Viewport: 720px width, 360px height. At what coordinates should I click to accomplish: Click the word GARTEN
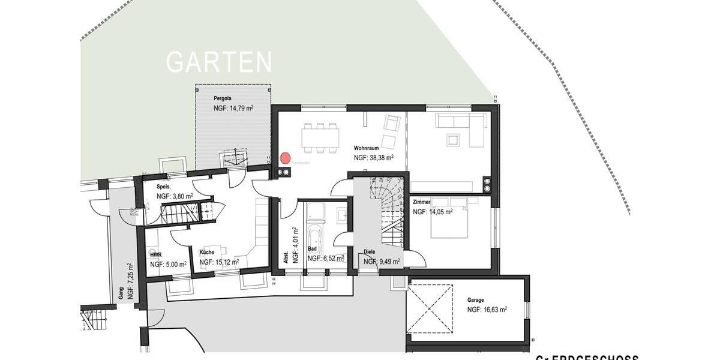pyautogui.click(x=219, y=62)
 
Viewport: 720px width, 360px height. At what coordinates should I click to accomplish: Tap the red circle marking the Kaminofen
pyautogui.click(x=285, y=158)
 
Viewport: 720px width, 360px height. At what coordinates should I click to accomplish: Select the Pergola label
pyautogui.click(x=223, y=97)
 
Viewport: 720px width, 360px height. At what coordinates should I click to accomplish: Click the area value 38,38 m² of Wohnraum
pyautogui.click(x=373, y=158)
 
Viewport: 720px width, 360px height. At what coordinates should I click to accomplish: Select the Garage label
pyautogui.click(x=476, y=299)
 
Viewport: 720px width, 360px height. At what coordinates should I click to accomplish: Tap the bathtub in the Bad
pyautogui.click(x=316, y=241)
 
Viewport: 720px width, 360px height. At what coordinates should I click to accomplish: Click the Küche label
pyautogui.click(x=206, y=253)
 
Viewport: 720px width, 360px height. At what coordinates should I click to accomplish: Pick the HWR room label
pyautogui.click(x=155, y=254)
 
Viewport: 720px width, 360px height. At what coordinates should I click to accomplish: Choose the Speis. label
pyautogui.click(x=164, y=187)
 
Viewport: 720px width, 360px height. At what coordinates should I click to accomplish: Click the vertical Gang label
pyautogui.click(x=121, y=293)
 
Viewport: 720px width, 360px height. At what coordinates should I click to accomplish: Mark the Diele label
pyautogui.click(x=370, y=253)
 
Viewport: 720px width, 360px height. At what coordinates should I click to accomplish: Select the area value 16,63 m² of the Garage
pyautogui.click(x=487, y=310)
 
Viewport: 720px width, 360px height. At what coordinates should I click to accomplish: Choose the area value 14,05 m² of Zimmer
pyautogui.click(x=433, y=212)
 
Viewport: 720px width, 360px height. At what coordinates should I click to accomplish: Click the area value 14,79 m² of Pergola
pyautogui.click(x=233, y=109)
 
